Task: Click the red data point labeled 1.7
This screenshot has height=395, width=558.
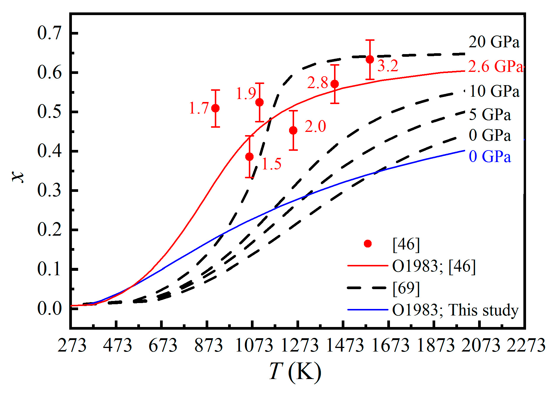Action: click(215, 108)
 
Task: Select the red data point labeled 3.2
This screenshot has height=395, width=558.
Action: click(370, 59)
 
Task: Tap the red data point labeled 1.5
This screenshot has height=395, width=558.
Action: click(249, 157)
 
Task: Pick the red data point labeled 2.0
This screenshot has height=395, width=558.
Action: click(293, 130)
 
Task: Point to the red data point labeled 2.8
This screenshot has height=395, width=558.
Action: click(335, 84)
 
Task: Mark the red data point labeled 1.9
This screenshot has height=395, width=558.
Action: click(259, 102)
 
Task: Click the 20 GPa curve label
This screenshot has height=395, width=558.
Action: click(494, 42)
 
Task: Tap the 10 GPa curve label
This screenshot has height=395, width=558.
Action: click(494, 91)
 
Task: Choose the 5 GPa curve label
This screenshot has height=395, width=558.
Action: click(490, 114)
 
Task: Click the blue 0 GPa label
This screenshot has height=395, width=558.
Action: click(490, 156)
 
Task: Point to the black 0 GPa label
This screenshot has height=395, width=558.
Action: click(490, 135)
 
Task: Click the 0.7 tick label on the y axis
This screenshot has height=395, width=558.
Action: click(49, 33)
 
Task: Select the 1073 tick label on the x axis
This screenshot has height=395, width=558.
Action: click(254, 345)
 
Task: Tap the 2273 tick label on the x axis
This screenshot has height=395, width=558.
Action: click(526, 345)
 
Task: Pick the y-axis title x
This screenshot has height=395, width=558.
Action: click(18, 177)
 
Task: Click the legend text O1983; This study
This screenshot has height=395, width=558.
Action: click(455, 310)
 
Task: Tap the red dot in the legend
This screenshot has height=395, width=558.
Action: click(368, 244)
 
